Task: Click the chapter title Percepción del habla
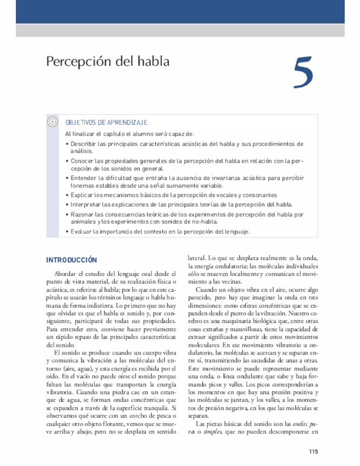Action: click(x=107, y=61)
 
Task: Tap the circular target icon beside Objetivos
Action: click(x=53, y=122)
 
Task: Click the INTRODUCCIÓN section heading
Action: click(x=71, y=260)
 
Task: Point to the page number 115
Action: click(x=313, y=452)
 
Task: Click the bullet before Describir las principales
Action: click(x=67, y=144)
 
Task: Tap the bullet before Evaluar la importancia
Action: click(x=67, y=232)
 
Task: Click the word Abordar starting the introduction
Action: click(x=65, y=273)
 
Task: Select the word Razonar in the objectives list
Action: click(x=82, y=214)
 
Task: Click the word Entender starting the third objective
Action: click(x=83, y=178)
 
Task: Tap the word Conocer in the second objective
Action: click(x=82, y=161)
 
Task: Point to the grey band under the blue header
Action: click(x=180, y=30)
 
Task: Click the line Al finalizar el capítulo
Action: click(x=129, y=134)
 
